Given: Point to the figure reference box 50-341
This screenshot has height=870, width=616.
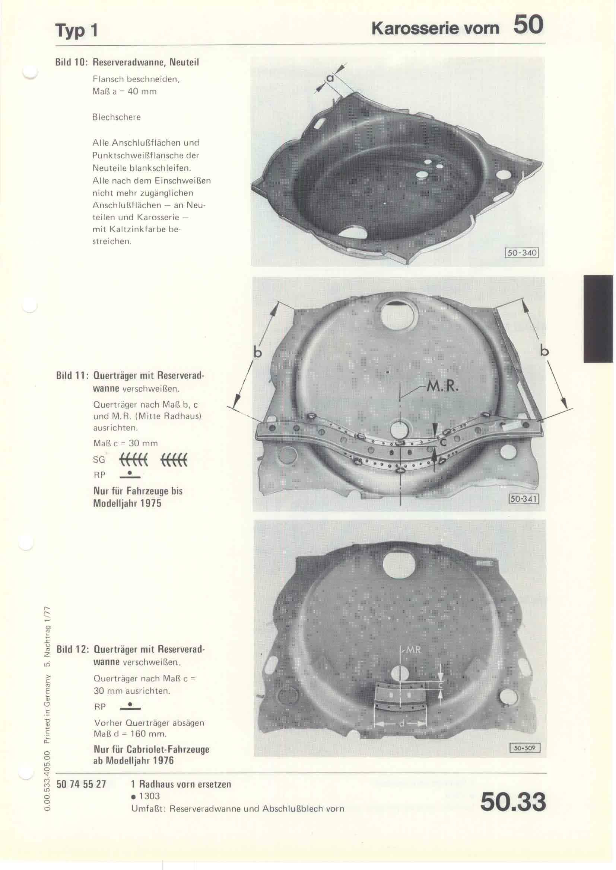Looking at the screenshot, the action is pyautogui.click(x=523, y=499).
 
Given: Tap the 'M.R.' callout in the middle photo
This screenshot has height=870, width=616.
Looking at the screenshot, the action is pyautogui.click(x=442, y=386).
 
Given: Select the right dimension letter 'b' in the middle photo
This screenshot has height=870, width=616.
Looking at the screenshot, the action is pyautogui.click(x=545, y=351).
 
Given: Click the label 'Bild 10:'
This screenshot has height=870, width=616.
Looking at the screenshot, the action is pyautogui.click(x=72, y=62).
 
